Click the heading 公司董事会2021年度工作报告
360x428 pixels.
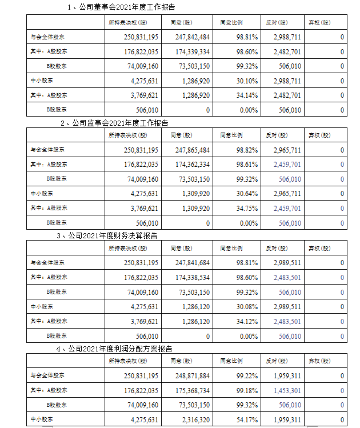point(125,7)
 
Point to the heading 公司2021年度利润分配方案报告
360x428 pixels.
point(122,347)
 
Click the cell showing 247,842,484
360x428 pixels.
point(190,37)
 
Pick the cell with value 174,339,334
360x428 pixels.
point(190,51)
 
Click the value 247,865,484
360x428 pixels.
point(190,150)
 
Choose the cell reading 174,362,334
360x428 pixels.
point(190,165)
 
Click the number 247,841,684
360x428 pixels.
point(190,263)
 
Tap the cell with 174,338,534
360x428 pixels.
point(190,277)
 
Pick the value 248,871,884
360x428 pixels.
point(190,376)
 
